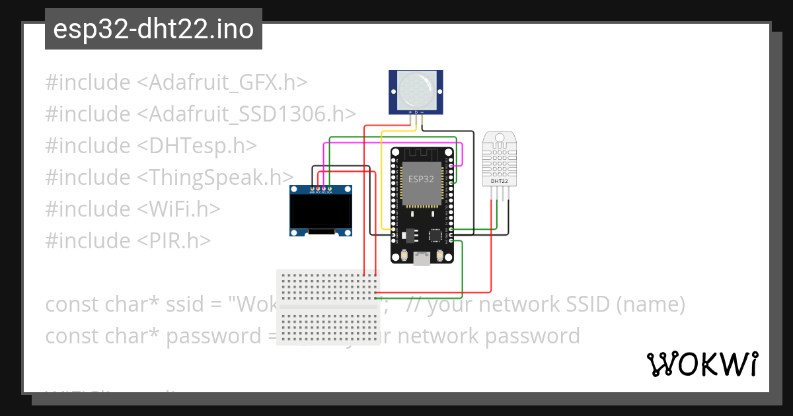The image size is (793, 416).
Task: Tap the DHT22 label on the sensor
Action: coord(499,180)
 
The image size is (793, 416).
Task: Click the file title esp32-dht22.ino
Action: coord(153,30)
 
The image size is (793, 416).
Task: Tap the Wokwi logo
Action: coord(702,364)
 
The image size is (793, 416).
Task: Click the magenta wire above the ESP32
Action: coord(390,143)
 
